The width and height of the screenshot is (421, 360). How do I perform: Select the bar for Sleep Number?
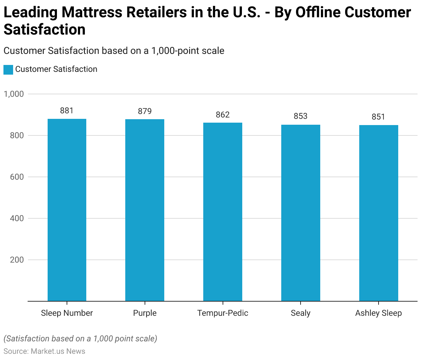tap(67, 210)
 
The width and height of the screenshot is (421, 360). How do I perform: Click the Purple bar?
tap(145, 210)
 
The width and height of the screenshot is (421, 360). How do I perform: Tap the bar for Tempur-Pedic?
tap(223, 212)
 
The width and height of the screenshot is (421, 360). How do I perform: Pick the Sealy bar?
tap(301, 213)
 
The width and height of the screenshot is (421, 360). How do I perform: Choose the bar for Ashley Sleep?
tap(379, 213)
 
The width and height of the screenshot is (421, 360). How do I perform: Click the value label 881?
tap(67, 111)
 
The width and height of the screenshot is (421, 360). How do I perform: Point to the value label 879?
tap(145, 111)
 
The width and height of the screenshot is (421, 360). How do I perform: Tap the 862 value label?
tap(223, 115)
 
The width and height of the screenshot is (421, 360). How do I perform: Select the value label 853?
tap(301, 116)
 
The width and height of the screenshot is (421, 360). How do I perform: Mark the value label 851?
tap(379, 117)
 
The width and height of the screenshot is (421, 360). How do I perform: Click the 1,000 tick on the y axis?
tap(14, 94)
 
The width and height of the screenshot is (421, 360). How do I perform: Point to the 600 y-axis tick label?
tap(17, 177)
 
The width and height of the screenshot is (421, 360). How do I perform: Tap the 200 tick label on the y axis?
tap(17, 260)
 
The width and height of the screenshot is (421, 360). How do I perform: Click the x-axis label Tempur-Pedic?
tap(223, 313)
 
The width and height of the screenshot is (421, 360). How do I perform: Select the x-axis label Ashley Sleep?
tap(379, 313)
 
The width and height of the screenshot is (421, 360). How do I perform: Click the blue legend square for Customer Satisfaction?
tap(8, 69)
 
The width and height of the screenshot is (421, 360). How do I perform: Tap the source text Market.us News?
tap(58, 351)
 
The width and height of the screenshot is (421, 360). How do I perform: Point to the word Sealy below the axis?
tap(301, 313)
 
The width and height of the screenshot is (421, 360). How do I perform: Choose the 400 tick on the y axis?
tap(17, 218)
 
